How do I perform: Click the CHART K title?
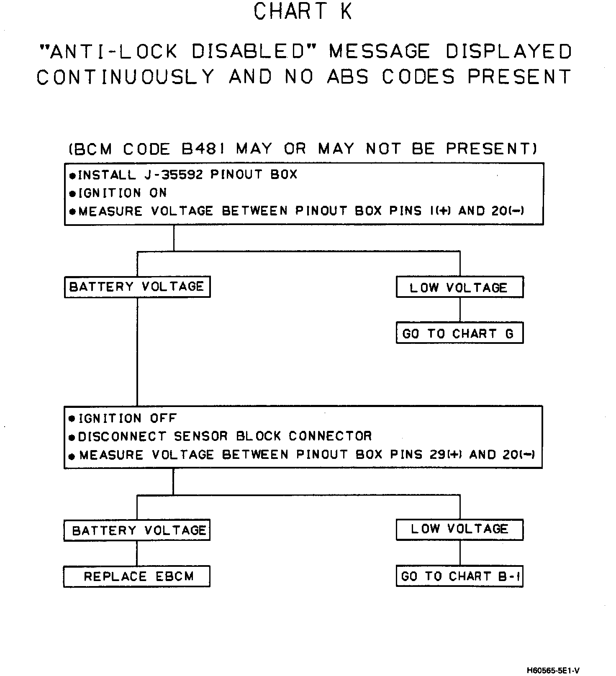click(303, 12)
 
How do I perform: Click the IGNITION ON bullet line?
click(118, 193)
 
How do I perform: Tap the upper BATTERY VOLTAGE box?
click(137, 287)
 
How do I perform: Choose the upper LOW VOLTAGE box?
click(459, 287)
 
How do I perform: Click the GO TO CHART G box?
click(459, 333)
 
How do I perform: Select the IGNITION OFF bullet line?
click(123, 418)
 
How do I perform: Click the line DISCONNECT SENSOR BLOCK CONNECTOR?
click(221, 436)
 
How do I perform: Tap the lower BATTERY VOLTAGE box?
click(137, 530)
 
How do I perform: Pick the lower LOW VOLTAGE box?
click(459, 529)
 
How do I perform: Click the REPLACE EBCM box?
click(137, 576)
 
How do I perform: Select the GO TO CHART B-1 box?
click(459, 576)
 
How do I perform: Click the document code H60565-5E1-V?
click(553, 671)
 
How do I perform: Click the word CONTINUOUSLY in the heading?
click(126, 77)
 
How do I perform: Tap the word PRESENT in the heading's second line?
click(519, 77)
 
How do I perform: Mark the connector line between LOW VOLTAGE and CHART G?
click(459, 310)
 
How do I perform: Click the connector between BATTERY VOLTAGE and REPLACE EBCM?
click(137, 553)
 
